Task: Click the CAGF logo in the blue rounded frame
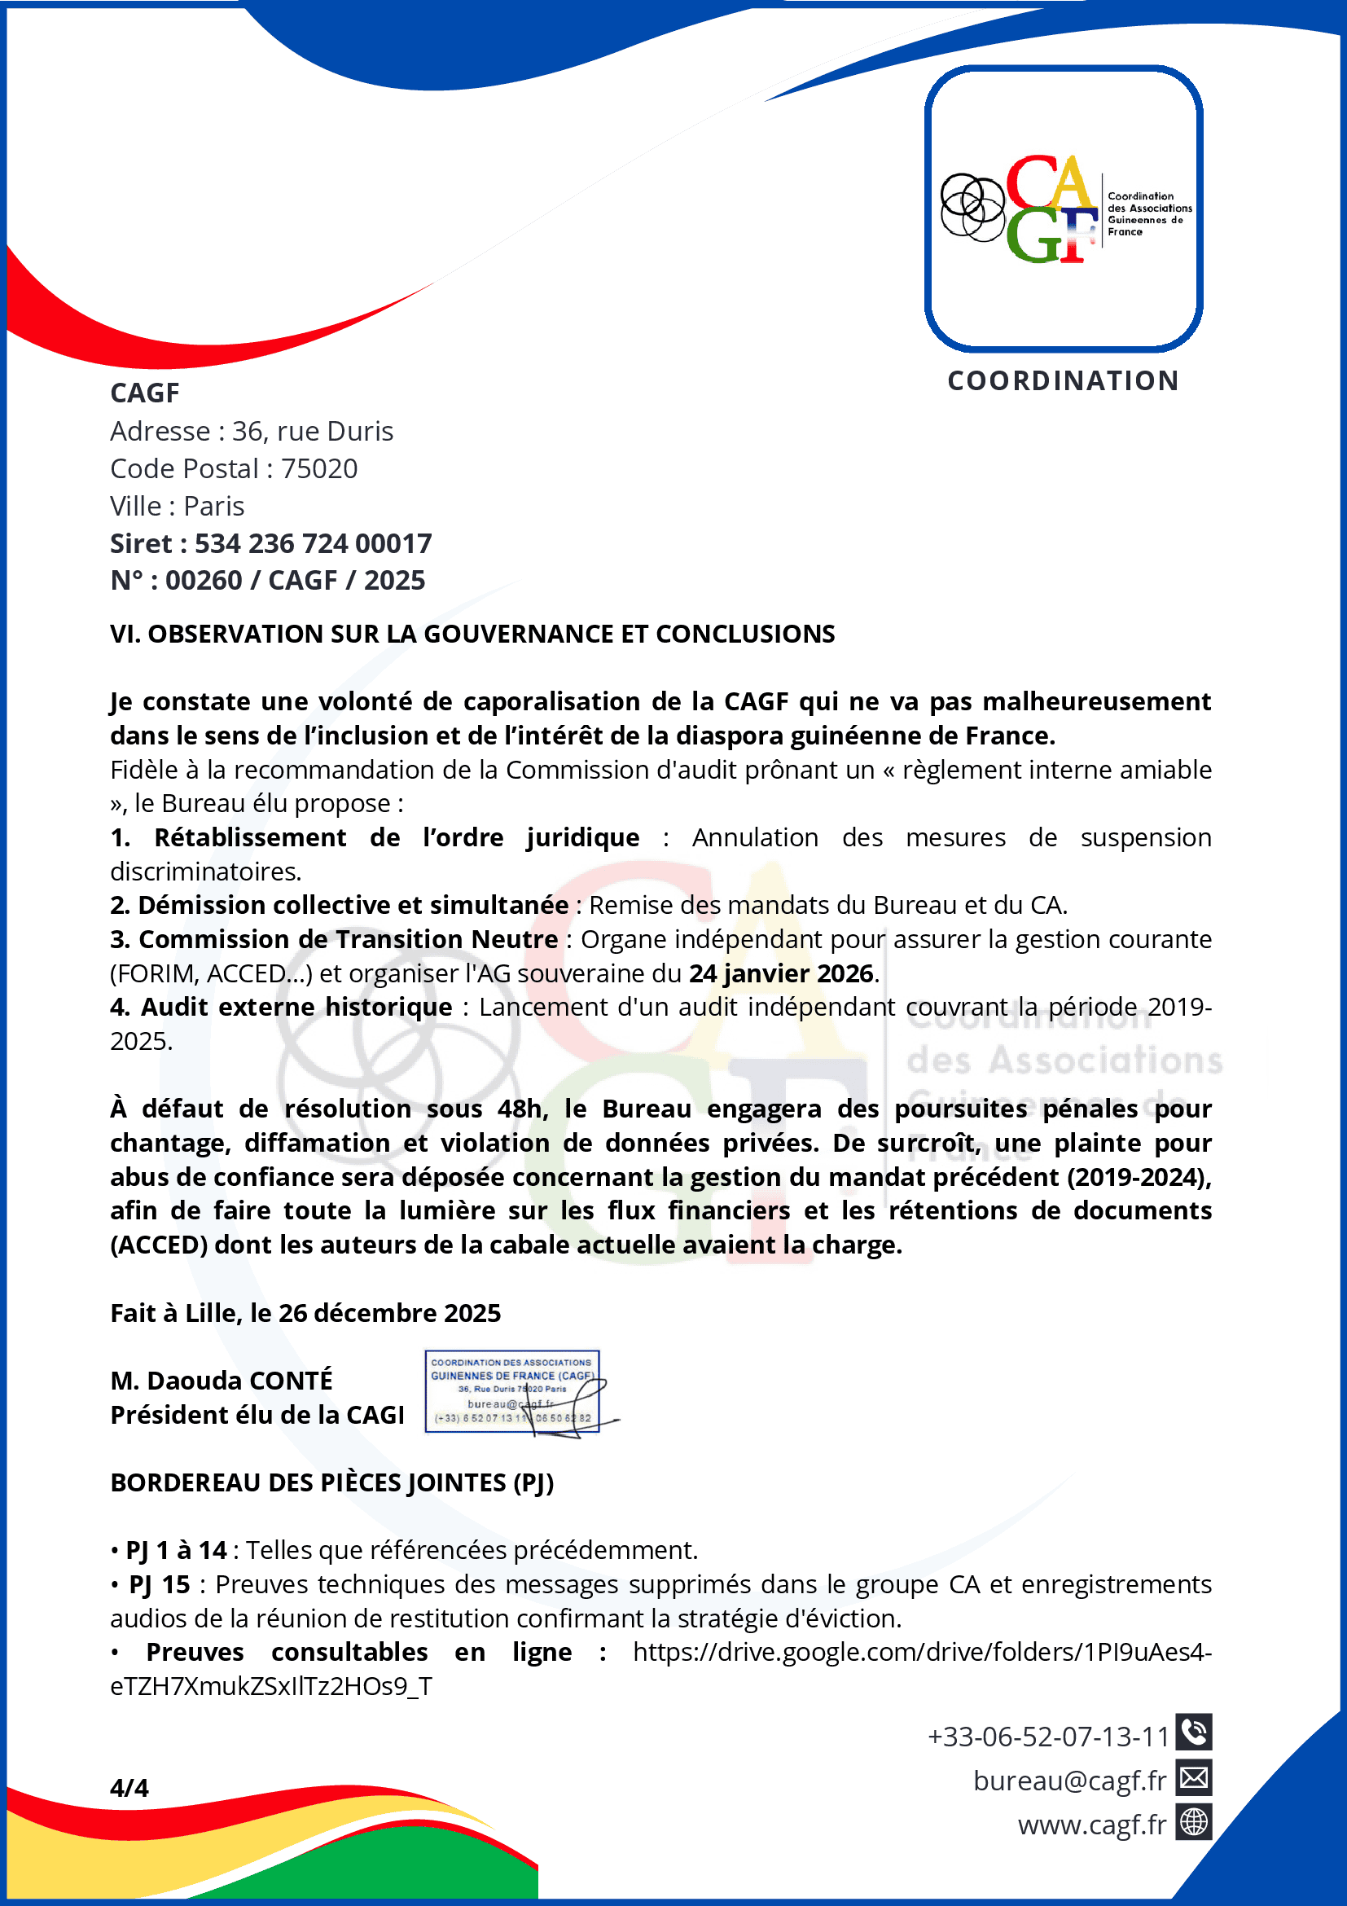pos(1063,209)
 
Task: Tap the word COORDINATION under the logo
pos(1063,381)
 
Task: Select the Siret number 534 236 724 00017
pos(313,544)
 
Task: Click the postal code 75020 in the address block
pos(318,469)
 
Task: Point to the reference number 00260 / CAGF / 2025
pos(295,580)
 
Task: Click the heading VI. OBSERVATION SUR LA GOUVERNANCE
pos(472,635)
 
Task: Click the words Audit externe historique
pos(296,1007)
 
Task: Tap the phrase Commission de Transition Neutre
pos(348,939)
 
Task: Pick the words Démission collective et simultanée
pos(353,905)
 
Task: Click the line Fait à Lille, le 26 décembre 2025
pos(305,1313)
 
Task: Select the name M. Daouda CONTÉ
pos(222,1381)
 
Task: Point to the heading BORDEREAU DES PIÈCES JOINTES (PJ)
pos(332,1482)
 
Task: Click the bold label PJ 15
pos(160,1585)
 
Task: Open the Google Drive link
pos(921,1652)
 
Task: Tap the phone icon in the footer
pos(1193,1732)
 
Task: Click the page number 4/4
pos(129,1787)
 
